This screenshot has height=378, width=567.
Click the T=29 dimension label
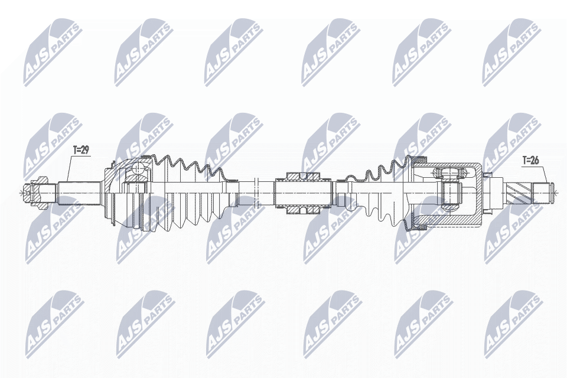80,151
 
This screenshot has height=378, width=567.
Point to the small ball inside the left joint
138,170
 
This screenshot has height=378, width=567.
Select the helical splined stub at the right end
520,191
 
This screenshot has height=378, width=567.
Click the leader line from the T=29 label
69,168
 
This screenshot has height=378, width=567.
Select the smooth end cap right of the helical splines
545,191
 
